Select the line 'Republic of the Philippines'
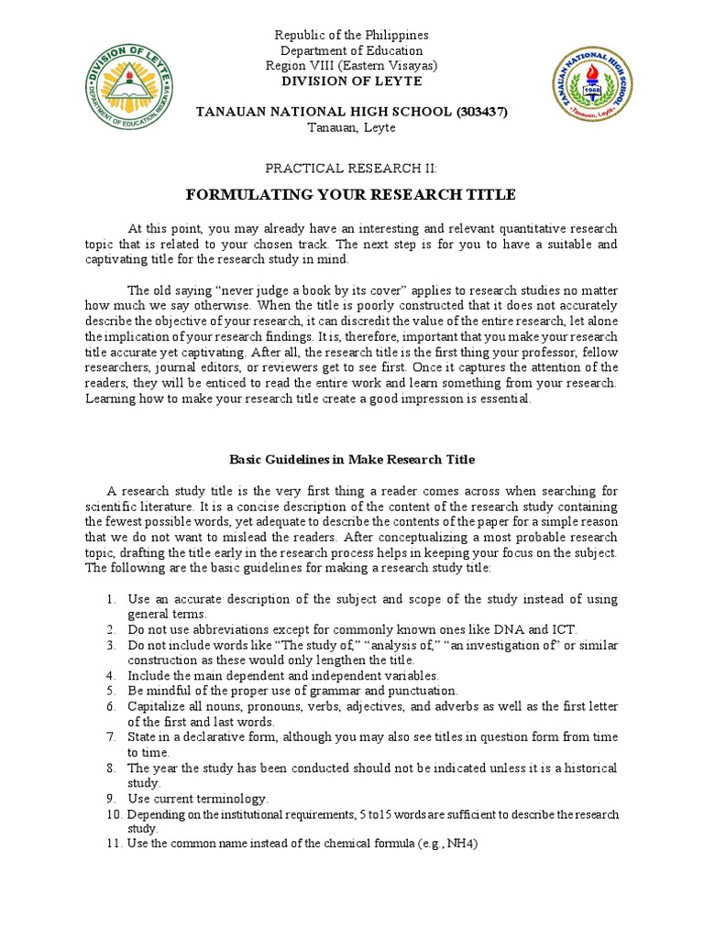point(352,35)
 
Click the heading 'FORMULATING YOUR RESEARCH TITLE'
point(351,195)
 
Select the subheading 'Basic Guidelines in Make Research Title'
point(351,459)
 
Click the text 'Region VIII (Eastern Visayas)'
point(352,66)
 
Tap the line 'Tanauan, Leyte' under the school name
point(352,127)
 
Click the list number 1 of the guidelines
point(110,599)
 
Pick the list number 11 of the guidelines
point(114,845)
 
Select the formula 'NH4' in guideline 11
point(464,845)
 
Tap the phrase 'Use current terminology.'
point(198,799)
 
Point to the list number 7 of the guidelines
point(110,737)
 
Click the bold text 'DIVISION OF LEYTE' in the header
point(352,82)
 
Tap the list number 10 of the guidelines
point(114,814)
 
